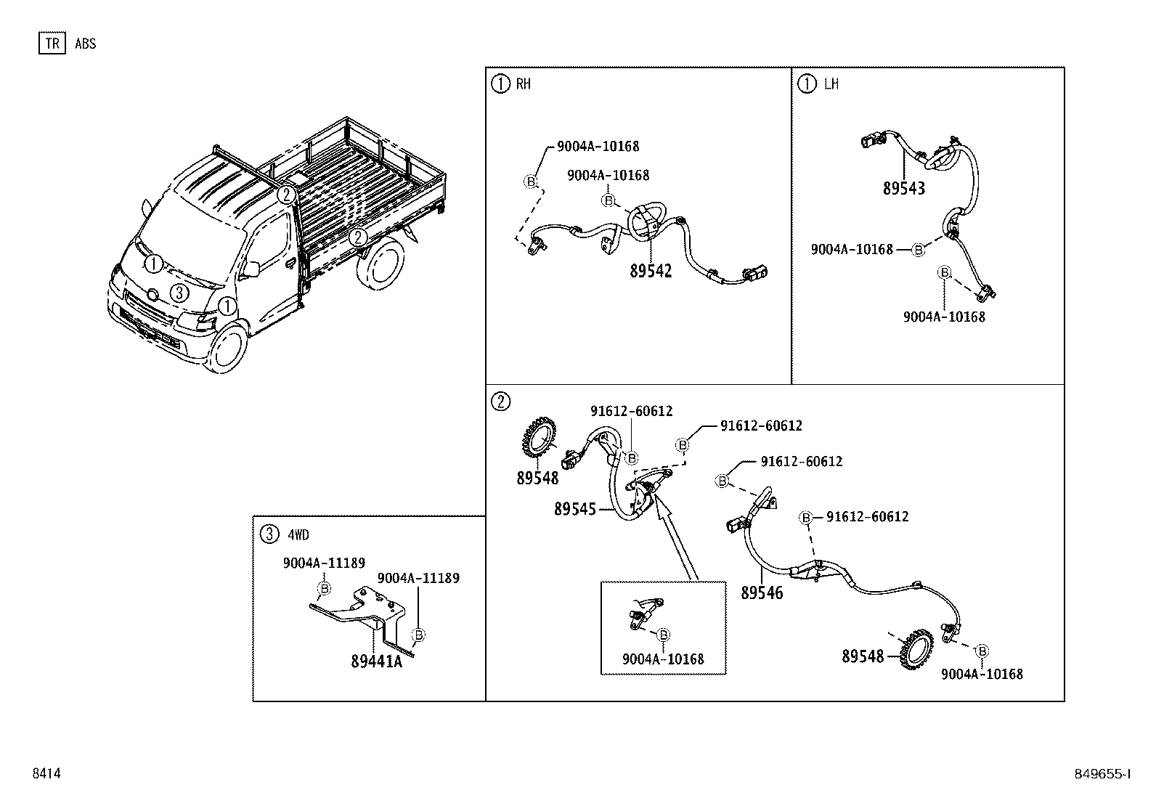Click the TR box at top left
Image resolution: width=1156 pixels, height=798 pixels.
coord(52,44)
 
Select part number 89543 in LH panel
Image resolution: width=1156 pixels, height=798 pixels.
coord(903,189)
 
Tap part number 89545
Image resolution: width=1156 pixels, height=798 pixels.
coord(574,510)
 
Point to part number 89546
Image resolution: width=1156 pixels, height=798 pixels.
coord(762,593)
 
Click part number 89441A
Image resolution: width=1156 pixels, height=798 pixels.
coord(375,661)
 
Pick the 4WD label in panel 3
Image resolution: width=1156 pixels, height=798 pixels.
coord(298,535)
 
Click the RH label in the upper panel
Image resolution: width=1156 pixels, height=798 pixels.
coord(523,84)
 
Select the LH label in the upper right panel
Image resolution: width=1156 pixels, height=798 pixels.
coord(831,84)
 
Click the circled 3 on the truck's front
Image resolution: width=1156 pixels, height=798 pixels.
coord(179,293)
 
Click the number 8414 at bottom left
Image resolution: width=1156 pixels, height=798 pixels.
coord(46,774)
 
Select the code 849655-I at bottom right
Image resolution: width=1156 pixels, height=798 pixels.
coord(1104,774)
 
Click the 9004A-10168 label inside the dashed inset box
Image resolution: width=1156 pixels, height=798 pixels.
coord(662,659)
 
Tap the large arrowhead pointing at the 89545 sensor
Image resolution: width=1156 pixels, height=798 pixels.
coord(662,508)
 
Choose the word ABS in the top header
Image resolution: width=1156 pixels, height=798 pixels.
coord(85,44)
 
